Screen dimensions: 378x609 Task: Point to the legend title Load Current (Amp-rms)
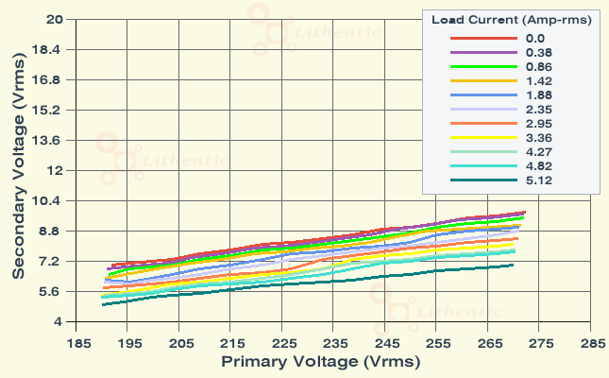point(511,20)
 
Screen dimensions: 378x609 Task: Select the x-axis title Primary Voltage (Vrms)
point(320,362)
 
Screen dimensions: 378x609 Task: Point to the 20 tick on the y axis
point(55,19)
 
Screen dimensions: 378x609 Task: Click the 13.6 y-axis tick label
point(49,140)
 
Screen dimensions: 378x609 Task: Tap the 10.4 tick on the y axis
point(49,200)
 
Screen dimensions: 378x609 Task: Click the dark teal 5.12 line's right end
point(513,265)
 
